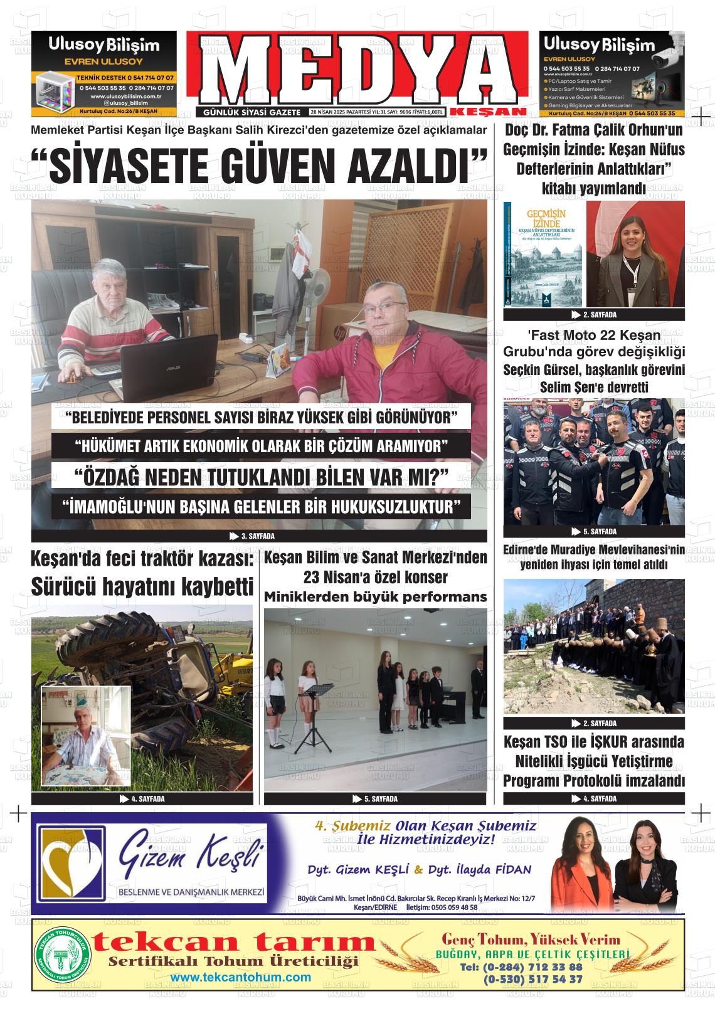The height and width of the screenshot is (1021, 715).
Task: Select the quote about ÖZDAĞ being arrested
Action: (261, 476)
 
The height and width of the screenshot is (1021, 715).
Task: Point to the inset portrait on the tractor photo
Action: (85, 735)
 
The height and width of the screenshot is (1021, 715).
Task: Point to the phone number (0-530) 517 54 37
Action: (532, 978)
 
